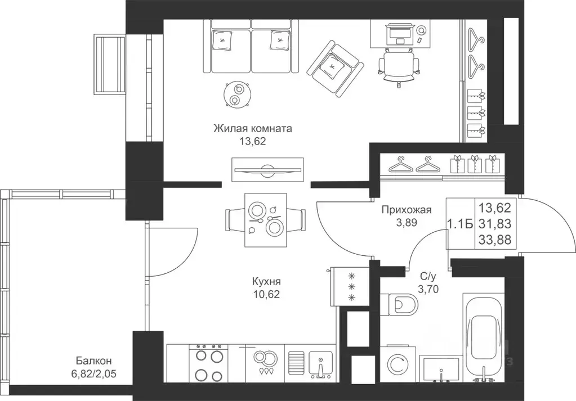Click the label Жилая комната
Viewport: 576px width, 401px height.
coord(253,129)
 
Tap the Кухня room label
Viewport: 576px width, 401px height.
coord(266,281)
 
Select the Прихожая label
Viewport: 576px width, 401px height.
coord(407,210)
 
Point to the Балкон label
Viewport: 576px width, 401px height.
coord(94,361)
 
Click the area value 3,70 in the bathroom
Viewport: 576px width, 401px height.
coord(428,289)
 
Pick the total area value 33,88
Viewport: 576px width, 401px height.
coord(495,240)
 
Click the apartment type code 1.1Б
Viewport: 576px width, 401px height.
coord(460,223)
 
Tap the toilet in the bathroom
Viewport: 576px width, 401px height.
coord(399,304)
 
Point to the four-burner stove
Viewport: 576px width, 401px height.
coord(208,363)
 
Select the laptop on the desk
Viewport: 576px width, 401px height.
coord(399,33)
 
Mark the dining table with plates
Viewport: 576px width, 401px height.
coord(265,220)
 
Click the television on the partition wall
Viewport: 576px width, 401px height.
coord(268,169)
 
